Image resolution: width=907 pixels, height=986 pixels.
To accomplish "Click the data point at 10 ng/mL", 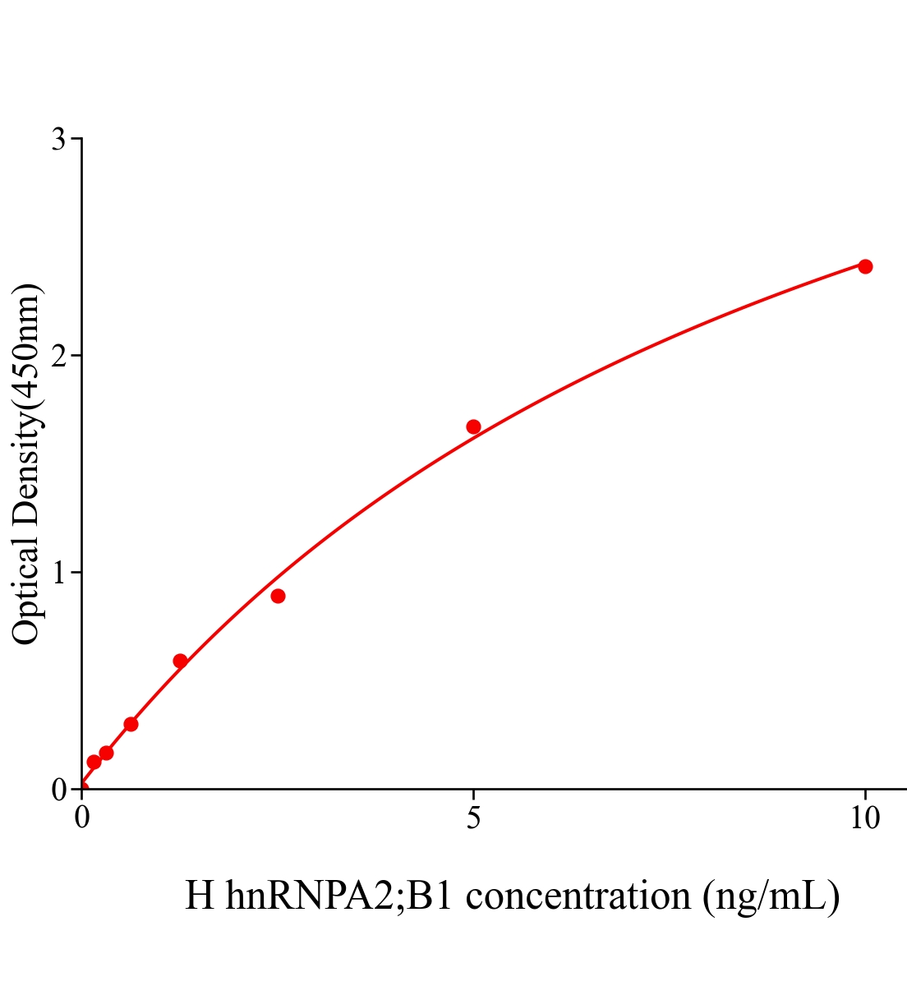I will point(864,266).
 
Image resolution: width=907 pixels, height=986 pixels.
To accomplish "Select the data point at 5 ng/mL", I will point(473,426).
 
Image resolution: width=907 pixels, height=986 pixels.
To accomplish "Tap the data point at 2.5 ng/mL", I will point(278,596).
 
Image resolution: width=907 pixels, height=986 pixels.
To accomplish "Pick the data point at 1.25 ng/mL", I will point(180,661).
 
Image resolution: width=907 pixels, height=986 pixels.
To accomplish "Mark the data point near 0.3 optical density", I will point(131,724).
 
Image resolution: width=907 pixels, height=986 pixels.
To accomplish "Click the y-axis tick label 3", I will point(58,140).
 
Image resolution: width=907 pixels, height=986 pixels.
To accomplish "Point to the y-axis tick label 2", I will point(58,356).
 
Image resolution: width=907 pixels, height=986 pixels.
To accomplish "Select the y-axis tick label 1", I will point(58,573).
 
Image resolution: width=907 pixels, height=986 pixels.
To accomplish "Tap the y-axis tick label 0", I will point(58,790).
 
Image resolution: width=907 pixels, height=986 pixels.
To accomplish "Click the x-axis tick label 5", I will point(473,818).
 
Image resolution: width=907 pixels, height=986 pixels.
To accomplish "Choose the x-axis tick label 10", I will point(864,818).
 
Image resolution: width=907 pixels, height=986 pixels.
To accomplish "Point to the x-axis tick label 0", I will point(82,818).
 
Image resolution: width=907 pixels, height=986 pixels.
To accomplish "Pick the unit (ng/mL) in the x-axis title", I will point(771,896).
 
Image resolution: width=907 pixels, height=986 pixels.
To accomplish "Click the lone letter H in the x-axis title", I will point(200,896).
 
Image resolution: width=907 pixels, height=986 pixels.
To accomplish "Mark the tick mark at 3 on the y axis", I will point(76,139).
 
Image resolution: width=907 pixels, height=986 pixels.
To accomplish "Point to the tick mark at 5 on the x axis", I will point(473,795).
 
